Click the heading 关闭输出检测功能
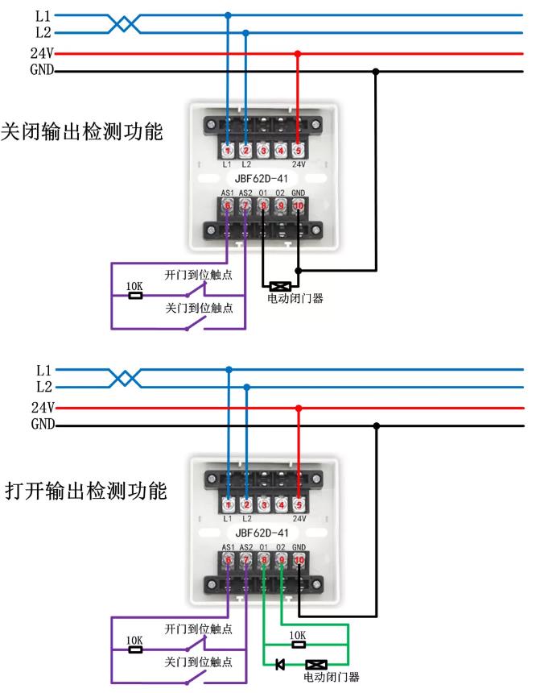(81, 131)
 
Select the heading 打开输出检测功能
(85, 491)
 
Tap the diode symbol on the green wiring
(280, 664)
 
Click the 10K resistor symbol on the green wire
(299, 645)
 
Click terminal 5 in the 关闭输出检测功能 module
(298, 151)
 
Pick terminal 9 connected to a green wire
(281, 560)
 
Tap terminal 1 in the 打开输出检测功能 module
(229, 504)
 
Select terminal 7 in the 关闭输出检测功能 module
(245, 205)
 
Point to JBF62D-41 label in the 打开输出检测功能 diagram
(262, 533)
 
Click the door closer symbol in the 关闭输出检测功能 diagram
(280, 286)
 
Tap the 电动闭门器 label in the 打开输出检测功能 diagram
(331, 677)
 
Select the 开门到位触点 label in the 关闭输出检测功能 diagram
(198, 275)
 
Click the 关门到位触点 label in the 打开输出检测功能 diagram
(198, 662)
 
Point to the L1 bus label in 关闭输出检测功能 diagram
(43, 16)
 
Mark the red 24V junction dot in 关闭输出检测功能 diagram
(298, 54)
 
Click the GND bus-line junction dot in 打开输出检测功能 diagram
(376, 426)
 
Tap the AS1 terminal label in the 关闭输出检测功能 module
(228, 193)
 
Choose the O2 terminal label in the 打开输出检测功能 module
(280, 547)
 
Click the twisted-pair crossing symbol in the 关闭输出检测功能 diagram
(125, 24)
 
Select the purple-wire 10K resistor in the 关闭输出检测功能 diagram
(135, 296)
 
